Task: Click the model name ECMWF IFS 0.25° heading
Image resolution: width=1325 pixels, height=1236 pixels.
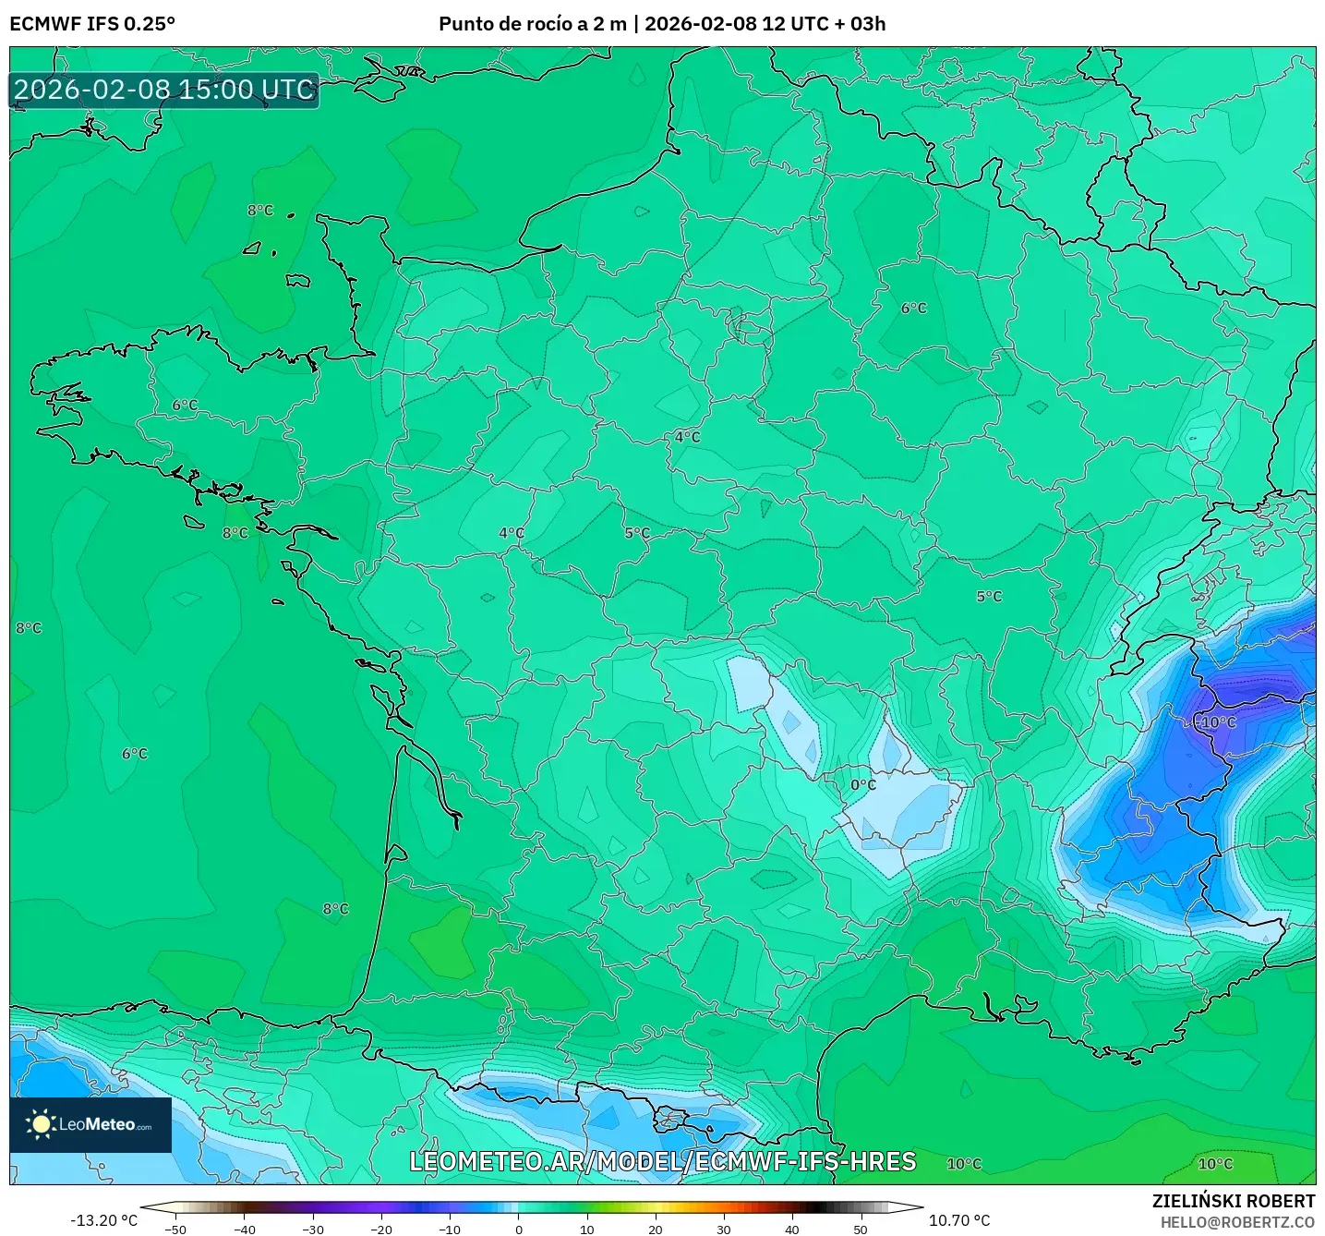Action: pyautogui.click(x=92, y=24)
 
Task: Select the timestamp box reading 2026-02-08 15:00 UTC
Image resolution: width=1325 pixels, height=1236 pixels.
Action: pyautogui.click(x=164, y=91)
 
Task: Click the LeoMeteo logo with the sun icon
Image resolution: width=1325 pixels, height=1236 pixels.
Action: pyautogui.click(x=90, y=1124)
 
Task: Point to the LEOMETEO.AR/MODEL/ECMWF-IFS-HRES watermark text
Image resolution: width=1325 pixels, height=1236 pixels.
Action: pyautogui.click(x=662, y=1161)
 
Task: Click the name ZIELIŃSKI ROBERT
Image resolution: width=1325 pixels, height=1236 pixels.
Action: pyautogui.click(x=1234, y=1201)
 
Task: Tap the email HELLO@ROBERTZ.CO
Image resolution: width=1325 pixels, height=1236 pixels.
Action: pyautogui.click(x=1237, y=1222)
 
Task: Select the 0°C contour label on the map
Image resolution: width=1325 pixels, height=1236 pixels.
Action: pyautogui.click(x=863, y=785)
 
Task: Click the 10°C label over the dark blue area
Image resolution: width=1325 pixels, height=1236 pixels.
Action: pyautogui.click(x=1218, y=722)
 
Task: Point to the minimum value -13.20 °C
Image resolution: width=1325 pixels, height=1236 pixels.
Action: pyautogui.click(x=103, y=1220)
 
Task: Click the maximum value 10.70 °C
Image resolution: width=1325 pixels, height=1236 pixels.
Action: pyautogui.click(x=959, y=1220)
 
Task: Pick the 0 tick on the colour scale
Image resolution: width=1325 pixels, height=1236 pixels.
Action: pyautogui.click(x=518, y=1229)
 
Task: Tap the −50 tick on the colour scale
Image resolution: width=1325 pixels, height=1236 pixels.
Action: pyautogui.click(x=175, y=1229)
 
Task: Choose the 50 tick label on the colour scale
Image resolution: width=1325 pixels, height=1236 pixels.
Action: pyautogui.click(x=861, y=1229)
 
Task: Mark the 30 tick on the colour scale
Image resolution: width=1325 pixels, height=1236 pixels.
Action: pyautogui.click(x=723, y=1229)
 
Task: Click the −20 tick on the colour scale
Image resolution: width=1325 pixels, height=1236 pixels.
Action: pyautogui.click(x=380, y=1229)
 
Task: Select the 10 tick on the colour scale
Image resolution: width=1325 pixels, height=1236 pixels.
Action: pyautogui.click(x=586, y=1229)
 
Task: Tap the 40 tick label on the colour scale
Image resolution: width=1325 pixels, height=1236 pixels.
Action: pyautogui.click(x=792, y=1229)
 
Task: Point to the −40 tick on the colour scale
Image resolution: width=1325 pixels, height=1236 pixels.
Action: pyautogui.click(x=244, y=1229)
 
